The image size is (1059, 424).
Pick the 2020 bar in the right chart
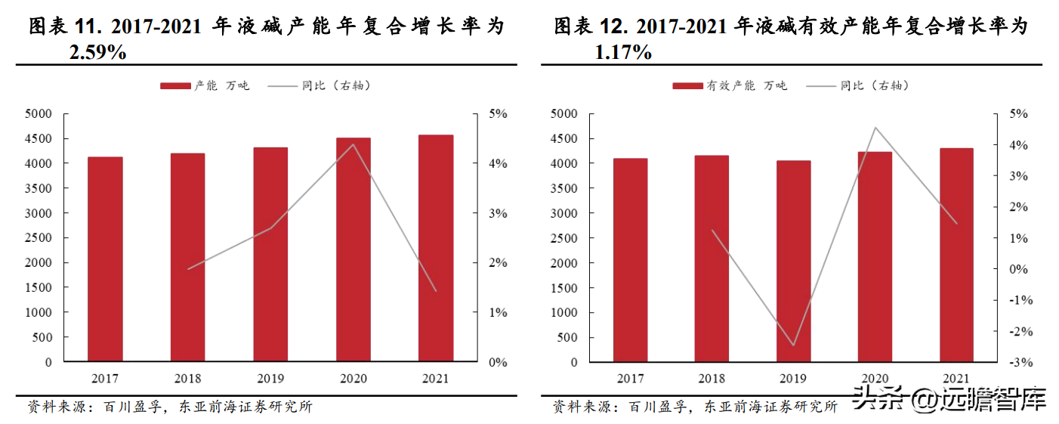point(875,257)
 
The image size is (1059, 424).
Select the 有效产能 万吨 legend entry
point(730,86)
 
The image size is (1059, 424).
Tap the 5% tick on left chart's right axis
point(498,114)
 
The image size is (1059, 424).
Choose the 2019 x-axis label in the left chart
point(270,379)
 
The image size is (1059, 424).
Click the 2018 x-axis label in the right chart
point(712,379)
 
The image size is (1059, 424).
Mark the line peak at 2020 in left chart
point(353,144)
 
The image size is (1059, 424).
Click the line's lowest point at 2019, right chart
point(794,345)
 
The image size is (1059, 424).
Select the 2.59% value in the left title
point(97,53)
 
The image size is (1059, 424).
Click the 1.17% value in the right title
point(622,53)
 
